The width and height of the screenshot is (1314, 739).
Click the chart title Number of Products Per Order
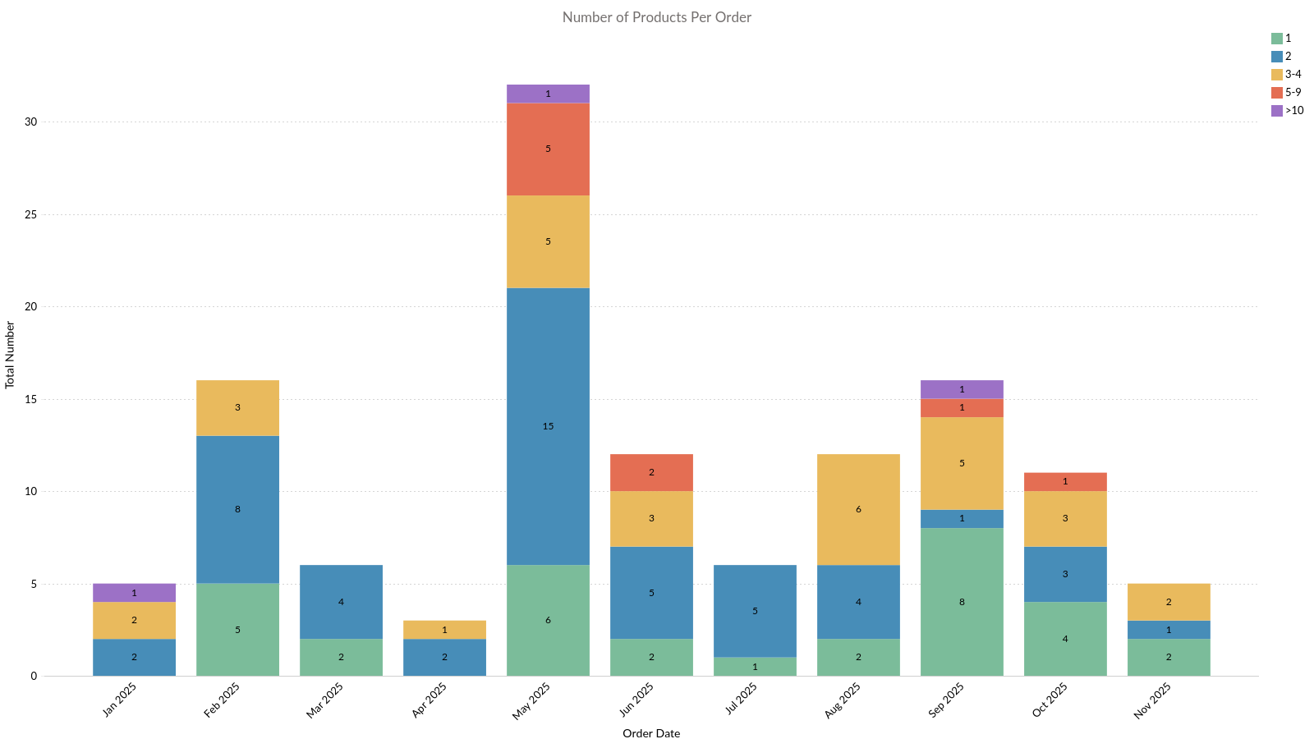click(656, 17)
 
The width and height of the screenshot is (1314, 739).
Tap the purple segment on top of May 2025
click(548, 94)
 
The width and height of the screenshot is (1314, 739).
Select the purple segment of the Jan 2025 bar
click(134, 593)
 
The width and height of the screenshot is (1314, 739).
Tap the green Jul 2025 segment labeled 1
click(755, 667)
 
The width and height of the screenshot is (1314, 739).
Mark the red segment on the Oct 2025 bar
click(1065, 482)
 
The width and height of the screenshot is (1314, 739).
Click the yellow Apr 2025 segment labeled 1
click(444, 630)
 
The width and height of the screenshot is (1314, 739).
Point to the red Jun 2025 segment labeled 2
click(651, 472)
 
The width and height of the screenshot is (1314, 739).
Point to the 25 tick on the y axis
click(30, 214)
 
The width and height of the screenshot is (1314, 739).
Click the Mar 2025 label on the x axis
click(324, 700)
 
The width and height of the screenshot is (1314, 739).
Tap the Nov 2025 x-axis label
click(1151, 700)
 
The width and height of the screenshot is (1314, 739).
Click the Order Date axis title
click(650, 733)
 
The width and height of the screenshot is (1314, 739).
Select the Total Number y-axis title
click(10, 355)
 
